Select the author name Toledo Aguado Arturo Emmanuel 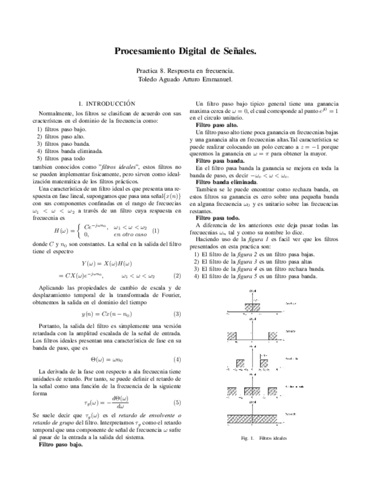coord(185,80)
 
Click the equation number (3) coord(177,314)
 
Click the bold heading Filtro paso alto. coord(216,124)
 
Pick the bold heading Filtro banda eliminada coord(225,182)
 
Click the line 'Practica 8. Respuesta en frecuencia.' coord(185,71)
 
